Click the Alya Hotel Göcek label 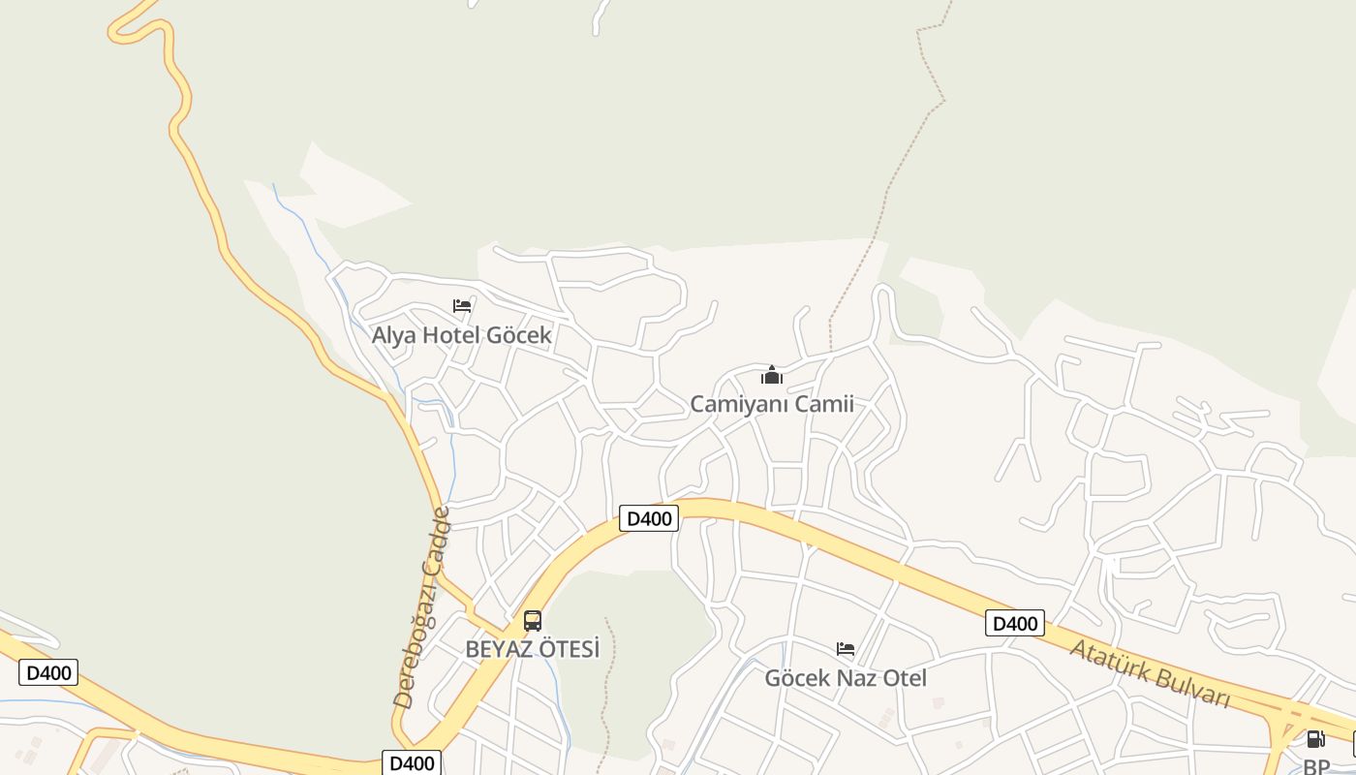pos(462,335)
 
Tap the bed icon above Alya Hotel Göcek pos(462,306)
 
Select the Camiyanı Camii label pos(772,404)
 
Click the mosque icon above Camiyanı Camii pos(772,375)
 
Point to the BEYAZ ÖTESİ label pos(533,649)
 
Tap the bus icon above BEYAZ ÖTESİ pos(533,621)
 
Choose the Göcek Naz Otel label pos(846,678)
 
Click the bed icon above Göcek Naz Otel pos(846,649)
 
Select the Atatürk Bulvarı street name pos(1150,672)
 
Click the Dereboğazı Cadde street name pos(421,607)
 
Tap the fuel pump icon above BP pos(1315,739)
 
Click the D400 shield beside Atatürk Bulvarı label pos(1015,623)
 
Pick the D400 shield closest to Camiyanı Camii pos(649,518)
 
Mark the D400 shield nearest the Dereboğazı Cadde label pos(412,763)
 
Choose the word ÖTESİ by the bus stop pos(564,649)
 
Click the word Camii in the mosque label pos(825,404)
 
